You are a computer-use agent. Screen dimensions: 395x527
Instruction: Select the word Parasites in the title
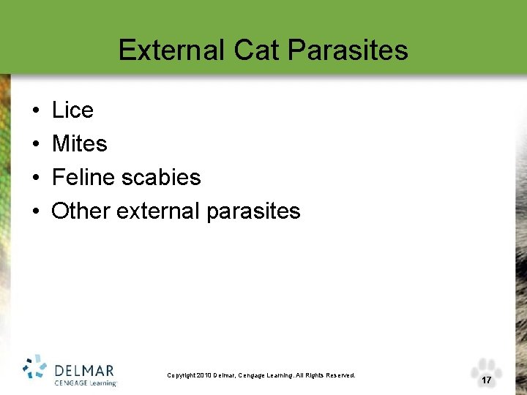(348, 50)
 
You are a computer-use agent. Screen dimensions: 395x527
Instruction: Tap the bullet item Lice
(72, 110)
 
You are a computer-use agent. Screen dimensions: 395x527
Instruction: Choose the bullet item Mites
(79, 144)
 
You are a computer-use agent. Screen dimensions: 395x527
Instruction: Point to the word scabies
(162, 178)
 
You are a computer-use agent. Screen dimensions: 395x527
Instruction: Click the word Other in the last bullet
(81, 211)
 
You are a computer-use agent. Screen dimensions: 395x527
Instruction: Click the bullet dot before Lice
(35, 111)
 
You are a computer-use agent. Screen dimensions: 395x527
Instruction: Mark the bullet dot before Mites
(35, 145)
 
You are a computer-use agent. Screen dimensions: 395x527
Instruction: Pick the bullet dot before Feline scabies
(35, 178)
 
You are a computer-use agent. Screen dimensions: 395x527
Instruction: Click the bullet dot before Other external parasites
(35, 212)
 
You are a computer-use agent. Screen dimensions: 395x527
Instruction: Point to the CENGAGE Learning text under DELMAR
(84, 382)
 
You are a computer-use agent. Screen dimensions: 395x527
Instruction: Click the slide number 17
(486, 380)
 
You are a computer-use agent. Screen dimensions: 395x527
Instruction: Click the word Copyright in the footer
(182, 375)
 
